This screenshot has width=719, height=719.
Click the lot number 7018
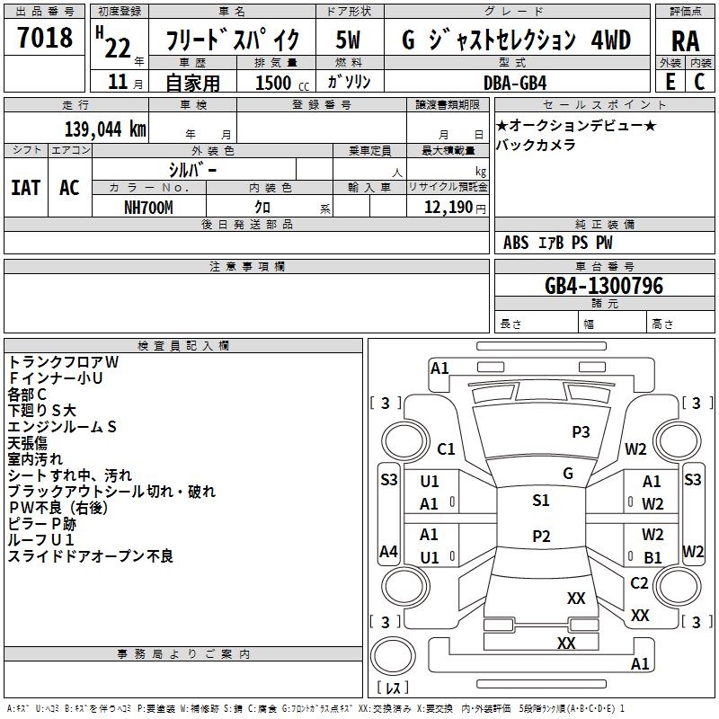pyautogui.click(x=45, y=39)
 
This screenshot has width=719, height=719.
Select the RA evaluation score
pyautogui.click(x=685, y=41)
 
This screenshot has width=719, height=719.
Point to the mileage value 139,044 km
pyautogui.click(x=105, y=129)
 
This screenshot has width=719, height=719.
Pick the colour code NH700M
pyautogui.click(x=149, y=206)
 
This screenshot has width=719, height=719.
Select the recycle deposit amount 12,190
pyautogui.click(x=446, y=207)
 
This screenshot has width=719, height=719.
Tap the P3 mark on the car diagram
pyautogui.click(x=581, y=431)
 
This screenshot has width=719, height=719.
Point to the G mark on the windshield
pyautogui.click(x=567, y=474)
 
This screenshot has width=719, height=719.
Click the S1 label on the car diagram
pyautogui.click(x=540, y=501)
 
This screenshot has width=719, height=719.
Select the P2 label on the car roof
pyautogui.click(x=540, y=536)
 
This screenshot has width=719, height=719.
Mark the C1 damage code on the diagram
pyautogui.click(x=446, y=449)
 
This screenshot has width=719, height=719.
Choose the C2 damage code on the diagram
pyautogui.click(x=639, y=583)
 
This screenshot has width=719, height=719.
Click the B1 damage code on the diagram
pyautogui.click(x=652, y=557)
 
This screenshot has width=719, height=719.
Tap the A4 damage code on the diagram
pyautogui.click(x=388, y=551)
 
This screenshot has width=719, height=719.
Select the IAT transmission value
pyautogui.click(x=25, y=188)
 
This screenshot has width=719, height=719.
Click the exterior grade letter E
pyautogui.click(x=670, y=82)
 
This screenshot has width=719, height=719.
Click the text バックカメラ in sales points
pyautogui.click(x=536, y=145)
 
